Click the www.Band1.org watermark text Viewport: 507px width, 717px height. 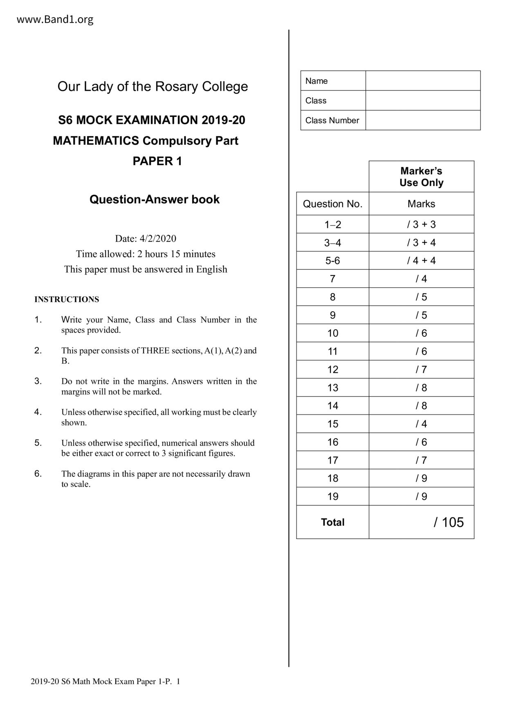pyautogui.click(x=55, y=19)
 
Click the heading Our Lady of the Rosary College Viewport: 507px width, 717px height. pyautogui.click(x=153, y=87)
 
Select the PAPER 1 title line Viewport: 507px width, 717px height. pyautogui.click(x=157, y=161)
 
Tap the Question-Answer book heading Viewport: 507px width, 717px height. pyautogui.click(x=155, y=199)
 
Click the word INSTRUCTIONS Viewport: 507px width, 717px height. pyautogui.click(x=67, y=300)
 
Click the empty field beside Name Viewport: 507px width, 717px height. pyautogui.click(x=423, y=81)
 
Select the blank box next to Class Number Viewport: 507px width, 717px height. pyautogui.click(x=423, y=120)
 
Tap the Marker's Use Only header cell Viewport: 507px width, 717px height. pyautogui.click(x=421, y=177)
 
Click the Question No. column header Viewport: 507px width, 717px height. pyautogui.click(x=332, y=204)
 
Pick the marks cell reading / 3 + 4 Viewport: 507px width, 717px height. pyautogui.click(x=421, y=243)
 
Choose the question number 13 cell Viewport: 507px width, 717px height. pyautogui.click(x=332, y=388)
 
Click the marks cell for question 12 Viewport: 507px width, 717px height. pyautogui.click(x=421, y=370)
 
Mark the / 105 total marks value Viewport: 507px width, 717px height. pyautogui.click(x=449, y=522)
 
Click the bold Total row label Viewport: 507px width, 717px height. pyautogui.click(x=332, y=522)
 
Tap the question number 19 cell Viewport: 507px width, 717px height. pyautogui.click(x=332, y=497)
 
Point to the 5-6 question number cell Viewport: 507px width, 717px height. pyautogui.click(x=332, y=261)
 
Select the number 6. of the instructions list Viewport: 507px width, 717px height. pyautogui.click(x=38, y=474)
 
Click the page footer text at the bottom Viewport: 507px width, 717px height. pyautogui.click(x=105, y=681)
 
